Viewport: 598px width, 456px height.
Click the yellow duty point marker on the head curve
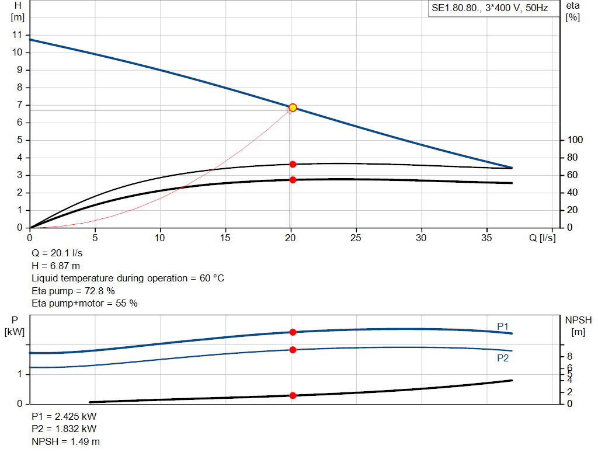[293, 107]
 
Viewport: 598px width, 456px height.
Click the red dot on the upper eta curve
[293, 164]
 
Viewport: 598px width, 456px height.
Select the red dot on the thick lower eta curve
[293, 180]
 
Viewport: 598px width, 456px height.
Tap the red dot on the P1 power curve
[293, 332]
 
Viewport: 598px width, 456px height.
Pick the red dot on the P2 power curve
[293, 350]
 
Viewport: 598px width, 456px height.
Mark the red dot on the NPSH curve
[293, 395]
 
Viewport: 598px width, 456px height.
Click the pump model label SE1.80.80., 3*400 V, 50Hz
[489, 9]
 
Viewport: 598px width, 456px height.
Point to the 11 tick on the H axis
[17, 35]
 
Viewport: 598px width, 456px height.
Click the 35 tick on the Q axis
[486, 238]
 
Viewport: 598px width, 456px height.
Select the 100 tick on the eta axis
[575, 140]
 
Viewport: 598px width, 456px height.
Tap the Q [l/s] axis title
[541, 238]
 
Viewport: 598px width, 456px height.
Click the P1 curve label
[503, 326]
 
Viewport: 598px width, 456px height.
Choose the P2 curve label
[503, 358]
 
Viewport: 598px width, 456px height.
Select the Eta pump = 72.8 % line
[73, 291]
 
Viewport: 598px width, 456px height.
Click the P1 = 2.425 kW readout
[64, 417]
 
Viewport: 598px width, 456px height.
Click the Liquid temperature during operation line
[127, 278]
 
